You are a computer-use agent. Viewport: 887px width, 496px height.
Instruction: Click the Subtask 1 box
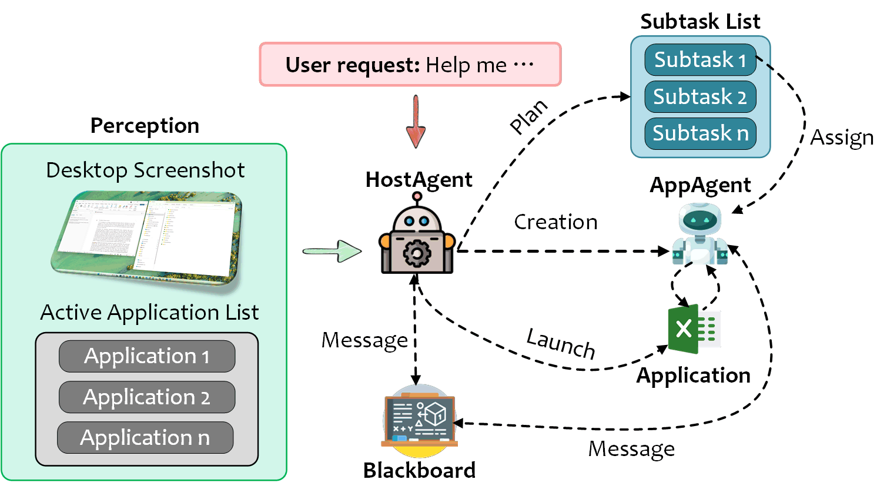pyautogui.click(x=700, y=60)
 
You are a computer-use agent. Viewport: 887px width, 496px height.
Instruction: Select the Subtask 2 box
pyautogui.click(x=700, y=97)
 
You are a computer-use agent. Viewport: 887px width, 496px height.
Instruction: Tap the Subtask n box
pyautogui.click(x=700, y=133)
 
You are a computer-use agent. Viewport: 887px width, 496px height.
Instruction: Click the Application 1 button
pyautogui.click(x=147, y=356)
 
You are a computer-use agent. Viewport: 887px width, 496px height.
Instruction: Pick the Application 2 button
pyautogui.click(x=147, y=397)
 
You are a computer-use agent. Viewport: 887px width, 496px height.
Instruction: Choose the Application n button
pyautogui.click(x=145, y=438)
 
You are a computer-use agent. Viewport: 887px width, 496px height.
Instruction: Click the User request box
pyautogui.click(x=410, y=65)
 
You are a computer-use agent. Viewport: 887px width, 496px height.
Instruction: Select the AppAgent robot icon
pyautogui.click(x=699, y=234)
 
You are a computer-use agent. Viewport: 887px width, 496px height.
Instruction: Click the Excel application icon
pyautogui.click(x=694, y=329)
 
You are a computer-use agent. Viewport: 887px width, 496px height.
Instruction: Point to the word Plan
pyautogui.click(x=528, y=116)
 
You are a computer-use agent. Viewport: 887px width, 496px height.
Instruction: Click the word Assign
pyautogui.click(x=841, y=138)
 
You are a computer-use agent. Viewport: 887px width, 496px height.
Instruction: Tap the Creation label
pyautogui.click(x=555, y=222)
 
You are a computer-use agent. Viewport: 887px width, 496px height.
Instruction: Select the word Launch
pyautogui.click(x=561, y=343)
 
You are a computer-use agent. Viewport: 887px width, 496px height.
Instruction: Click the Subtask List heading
pyautogui.click(x=700, y=22)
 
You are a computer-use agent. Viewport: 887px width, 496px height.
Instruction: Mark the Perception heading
pyautogui.click(x=145, y=126)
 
